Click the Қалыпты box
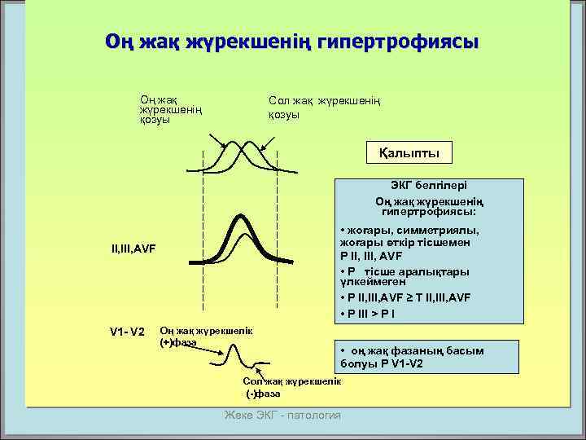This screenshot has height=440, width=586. [408, 152]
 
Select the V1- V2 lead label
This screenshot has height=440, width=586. [127, 332]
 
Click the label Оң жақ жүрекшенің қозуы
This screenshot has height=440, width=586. [170, 108]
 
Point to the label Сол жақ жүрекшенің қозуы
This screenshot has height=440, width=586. [325, 108]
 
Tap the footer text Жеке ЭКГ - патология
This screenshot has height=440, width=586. [282, 416]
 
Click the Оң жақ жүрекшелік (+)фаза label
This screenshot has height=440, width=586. [195, 337]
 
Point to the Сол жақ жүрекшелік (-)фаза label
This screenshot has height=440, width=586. [292, 387]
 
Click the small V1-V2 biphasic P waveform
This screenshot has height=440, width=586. [244, 361]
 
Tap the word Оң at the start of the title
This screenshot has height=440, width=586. [117, 41]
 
